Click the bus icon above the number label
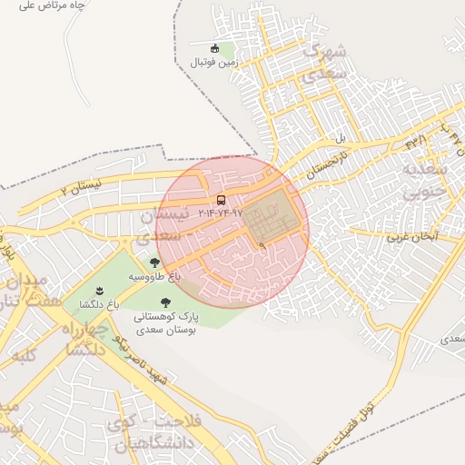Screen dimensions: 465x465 pos(221,200)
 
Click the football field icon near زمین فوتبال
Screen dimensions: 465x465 pos(214,49)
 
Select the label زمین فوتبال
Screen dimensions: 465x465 pos(212,63)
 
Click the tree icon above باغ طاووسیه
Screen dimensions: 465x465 pos(154,262)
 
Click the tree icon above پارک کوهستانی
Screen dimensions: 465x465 pos(165,303)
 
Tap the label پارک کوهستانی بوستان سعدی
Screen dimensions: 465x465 pos(164,324)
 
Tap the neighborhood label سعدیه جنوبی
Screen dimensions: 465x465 pos(425,181)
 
